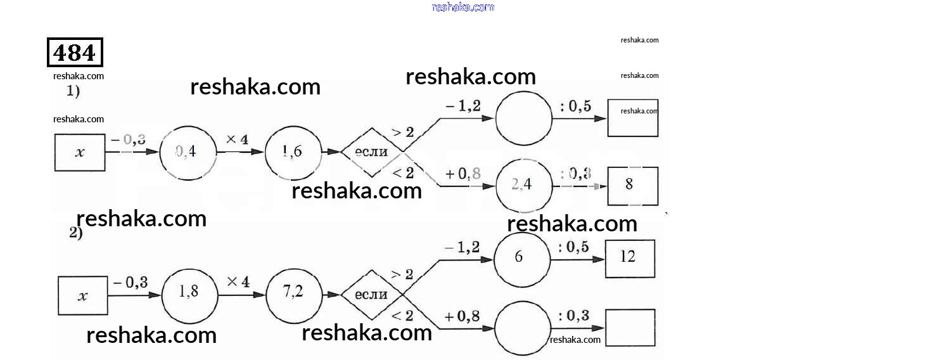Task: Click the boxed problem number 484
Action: click(75, 52)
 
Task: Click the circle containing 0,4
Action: click(188, 152)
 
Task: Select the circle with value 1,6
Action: click(293, 152)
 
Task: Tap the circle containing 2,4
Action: click(523, 185)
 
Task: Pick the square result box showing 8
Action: click(632, 185)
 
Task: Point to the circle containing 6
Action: click(522, 259)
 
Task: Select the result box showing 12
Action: click(629, 259)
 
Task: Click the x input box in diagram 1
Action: click(80, 153)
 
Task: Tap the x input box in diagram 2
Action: click(82, 296)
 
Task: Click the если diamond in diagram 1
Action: click(372, 152)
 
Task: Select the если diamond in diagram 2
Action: click(372, 295)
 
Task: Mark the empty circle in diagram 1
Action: click(523, 118)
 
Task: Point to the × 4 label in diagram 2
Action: click(238, 281)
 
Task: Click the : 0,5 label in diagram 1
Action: click(575, 106)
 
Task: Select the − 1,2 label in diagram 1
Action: click(462, 106)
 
